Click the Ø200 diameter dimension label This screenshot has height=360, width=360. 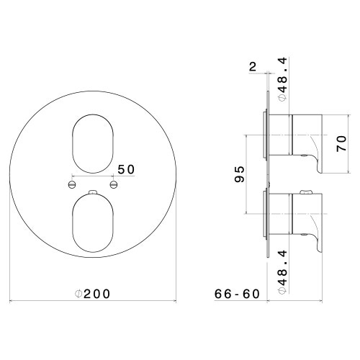point(93,294)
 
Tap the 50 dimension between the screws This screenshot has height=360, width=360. point(126,169)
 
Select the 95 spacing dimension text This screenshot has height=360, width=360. point(239,174)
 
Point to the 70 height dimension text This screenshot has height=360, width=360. point(341,143)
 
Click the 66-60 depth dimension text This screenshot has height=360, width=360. point(237,294)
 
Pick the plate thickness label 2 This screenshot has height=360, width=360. point(253,67)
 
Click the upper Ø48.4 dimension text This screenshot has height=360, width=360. point(282,79)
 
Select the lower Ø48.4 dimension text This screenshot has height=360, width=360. point(282,272)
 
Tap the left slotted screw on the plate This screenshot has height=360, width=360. point(72,184)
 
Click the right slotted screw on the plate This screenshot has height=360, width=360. point(114,184)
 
